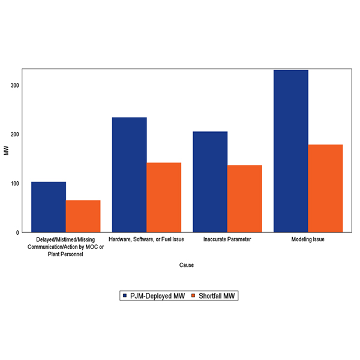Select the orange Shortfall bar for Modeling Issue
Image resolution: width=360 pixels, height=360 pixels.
(x=325, y=188)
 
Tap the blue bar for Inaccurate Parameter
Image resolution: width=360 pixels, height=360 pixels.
(x=210, y=182)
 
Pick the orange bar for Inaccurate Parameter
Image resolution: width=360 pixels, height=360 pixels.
(x=245, y=199)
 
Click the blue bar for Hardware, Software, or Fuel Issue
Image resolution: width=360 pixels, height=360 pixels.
(x=129, y=175)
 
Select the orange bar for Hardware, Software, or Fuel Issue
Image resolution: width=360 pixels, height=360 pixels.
(x=164, y=197)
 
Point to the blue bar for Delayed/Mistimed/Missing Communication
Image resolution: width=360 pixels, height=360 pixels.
(x=49, y=207)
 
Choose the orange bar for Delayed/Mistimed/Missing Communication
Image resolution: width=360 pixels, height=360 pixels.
(x=83, y=216)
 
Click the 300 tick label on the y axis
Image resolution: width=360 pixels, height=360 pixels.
(x=14, y=85)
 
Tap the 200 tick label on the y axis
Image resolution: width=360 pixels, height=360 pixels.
(x=14, y=134)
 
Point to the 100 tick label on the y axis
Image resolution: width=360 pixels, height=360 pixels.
(x=14, y=184)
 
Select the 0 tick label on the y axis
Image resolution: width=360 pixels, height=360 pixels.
(x=17, y=232)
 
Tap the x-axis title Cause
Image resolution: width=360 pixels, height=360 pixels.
(x=187, y=265)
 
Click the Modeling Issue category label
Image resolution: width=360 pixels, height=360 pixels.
(x=308, y=239)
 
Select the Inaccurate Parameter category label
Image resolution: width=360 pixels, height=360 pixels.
(x=227, y=239)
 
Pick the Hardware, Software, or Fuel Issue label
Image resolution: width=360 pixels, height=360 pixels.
(x=146, y=239)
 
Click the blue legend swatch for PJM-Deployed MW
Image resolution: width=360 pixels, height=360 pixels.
(x=125, y=296)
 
